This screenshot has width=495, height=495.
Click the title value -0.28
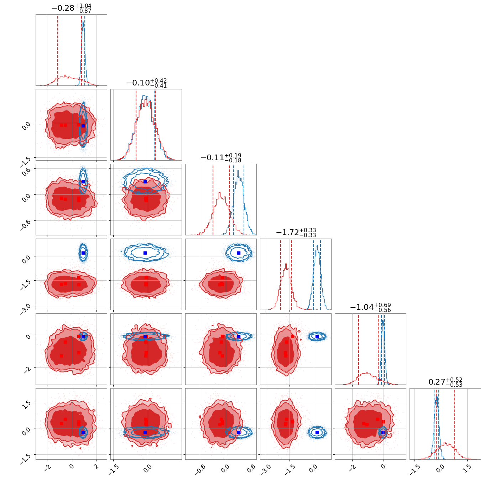click(63, 8)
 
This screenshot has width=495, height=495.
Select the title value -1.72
click(287, 233)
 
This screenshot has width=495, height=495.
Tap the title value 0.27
click(437, 382)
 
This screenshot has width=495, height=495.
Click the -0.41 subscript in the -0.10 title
click(158, 86)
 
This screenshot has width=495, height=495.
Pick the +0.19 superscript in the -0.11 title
click(233, 155)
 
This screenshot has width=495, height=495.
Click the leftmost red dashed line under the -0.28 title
click(58, 50)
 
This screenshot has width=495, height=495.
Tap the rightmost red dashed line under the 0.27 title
click(455, 424)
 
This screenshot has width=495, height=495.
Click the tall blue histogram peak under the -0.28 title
click(83, 22)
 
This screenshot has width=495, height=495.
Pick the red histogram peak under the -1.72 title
click(286, 265)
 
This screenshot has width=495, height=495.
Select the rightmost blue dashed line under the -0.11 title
click(244, 200)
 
